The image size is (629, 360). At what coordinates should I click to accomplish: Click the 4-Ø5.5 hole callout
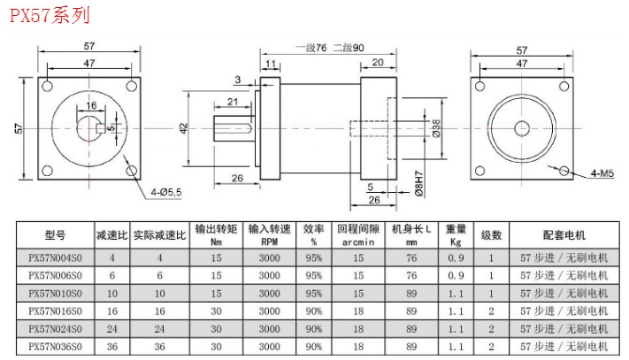[166, 190]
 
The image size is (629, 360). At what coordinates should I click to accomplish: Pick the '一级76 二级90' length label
[322, 47]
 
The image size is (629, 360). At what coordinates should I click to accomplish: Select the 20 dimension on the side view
[378, 62]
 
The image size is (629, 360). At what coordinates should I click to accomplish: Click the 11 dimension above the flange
[269, 64]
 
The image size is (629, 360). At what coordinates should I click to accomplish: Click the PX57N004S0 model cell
[55, 258]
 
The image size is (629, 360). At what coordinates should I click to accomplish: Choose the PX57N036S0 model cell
[55, 346]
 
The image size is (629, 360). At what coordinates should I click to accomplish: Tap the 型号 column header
[55, 235]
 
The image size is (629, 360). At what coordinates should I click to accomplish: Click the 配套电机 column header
[564, 235]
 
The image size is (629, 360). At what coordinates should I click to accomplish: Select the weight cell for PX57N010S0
[456, 293]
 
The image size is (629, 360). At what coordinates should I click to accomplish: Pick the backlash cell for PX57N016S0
[358, 310]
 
